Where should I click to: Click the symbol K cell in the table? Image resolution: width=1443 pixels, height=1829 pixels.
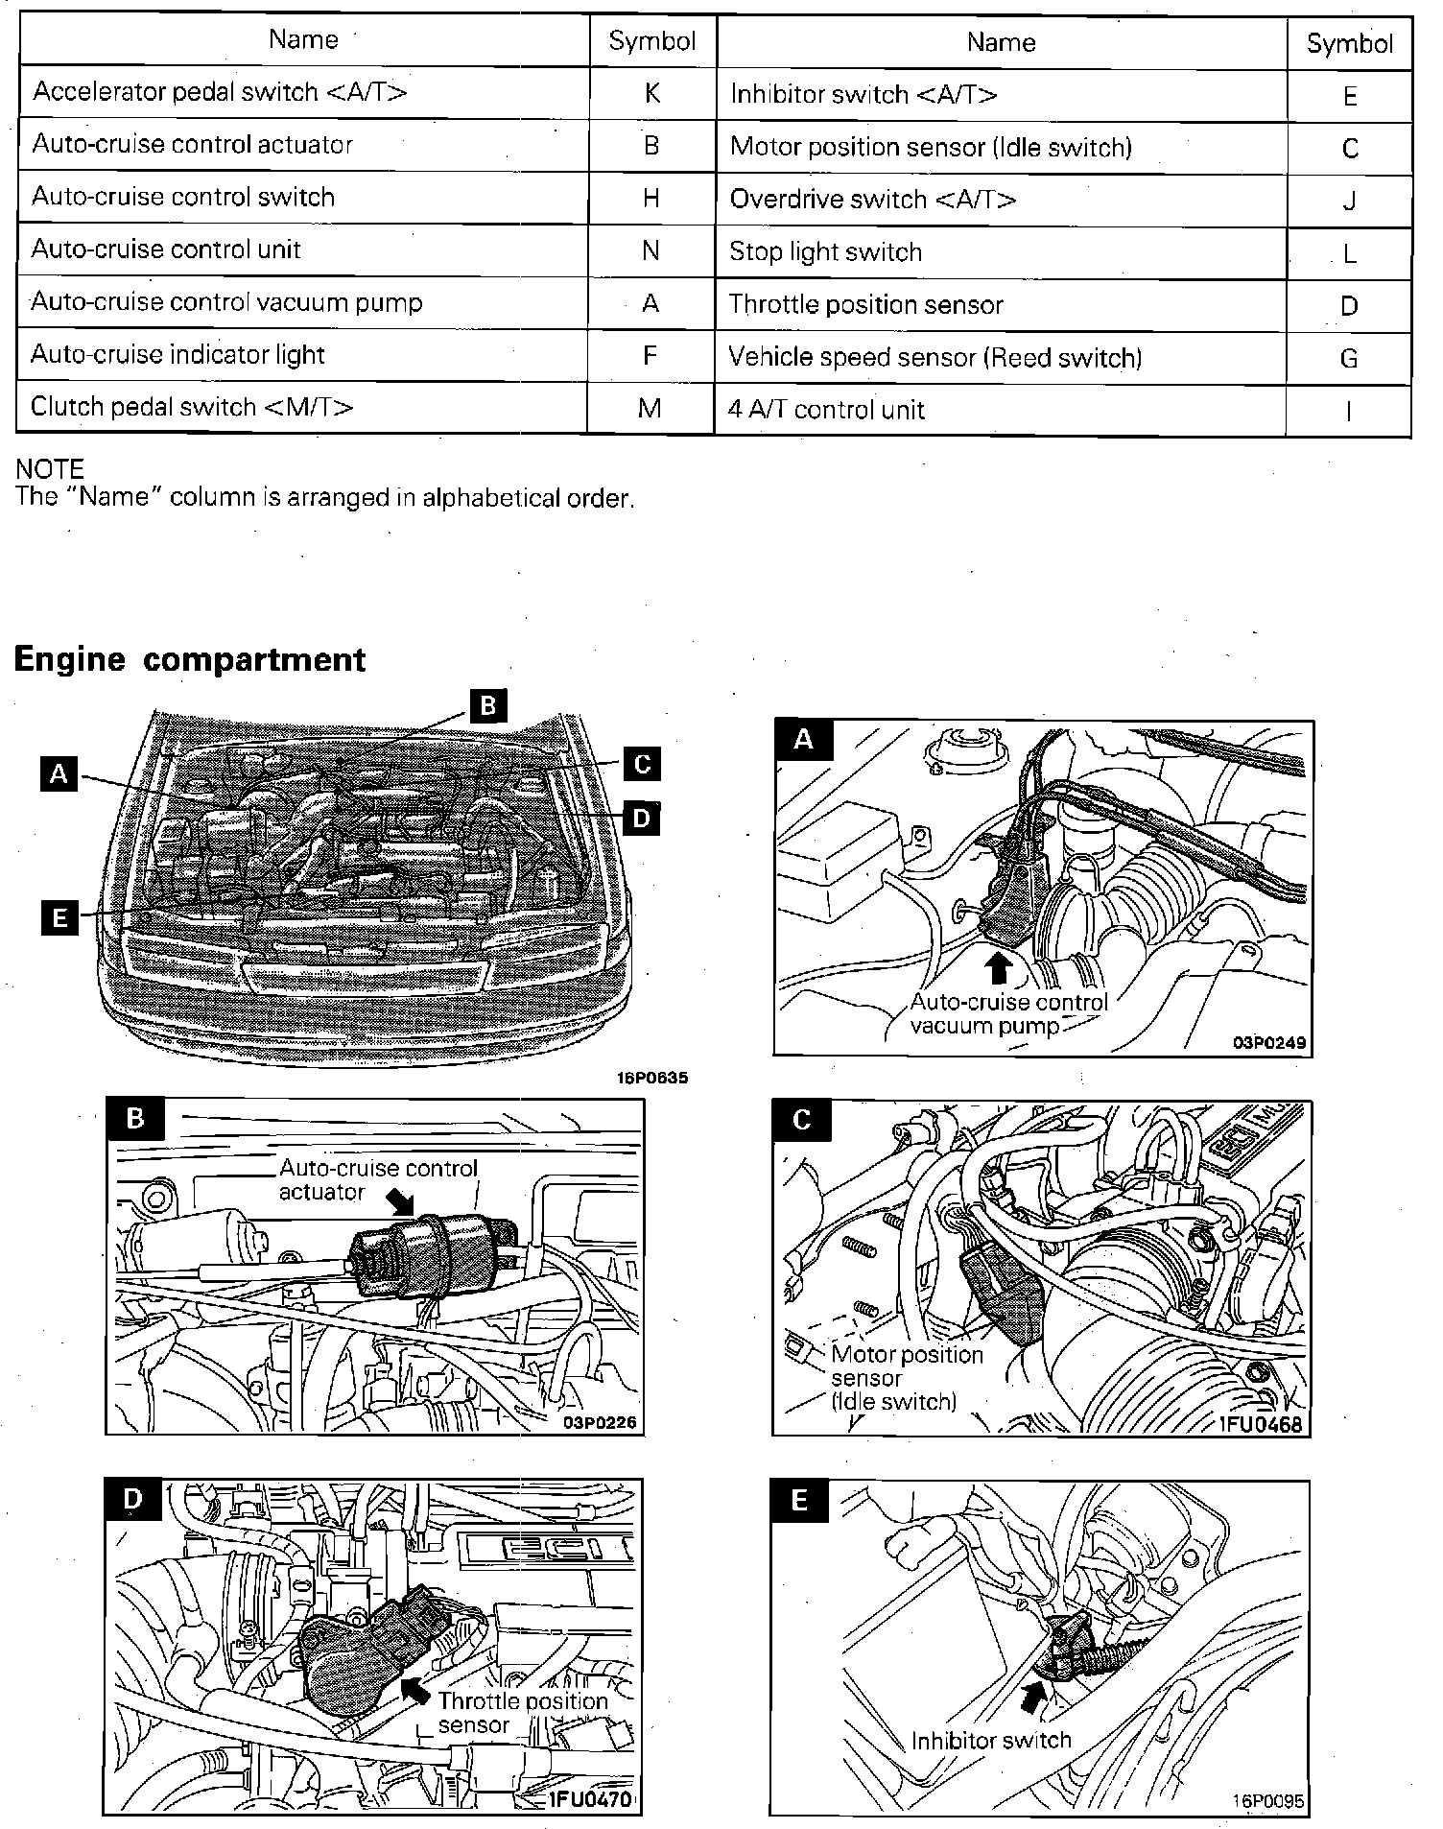651,93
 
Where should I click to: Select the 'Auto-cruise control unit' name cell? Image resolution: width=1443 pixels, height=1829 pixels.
166,249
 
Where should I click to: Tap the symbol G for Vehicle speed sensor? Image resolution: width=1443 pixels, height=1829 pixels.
1348,359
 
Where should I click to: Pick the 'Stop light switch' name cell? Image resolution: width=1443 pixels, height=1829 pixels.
825,252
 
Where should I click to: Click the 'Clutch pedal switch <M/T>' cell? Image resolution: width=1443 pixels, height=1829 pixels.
192,407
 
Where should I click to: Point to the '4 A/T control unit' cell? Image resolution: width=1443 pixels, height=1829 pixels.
826,411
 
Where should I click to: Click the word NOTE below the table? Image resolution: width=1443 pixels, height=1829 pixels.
50,469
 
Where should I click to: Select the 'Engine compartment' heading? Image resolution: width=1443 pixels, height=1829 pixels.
189,659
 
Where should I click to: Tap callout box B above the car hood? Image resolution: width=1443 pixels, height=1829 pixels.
487,706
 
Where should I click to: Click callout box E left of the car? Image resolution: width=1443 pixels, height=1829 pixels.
59,918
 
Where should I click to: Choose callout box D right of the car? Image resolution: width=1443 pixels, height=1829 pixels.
642,819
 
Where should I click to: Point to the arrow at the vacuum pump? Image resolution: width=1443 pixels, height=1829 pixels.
998,966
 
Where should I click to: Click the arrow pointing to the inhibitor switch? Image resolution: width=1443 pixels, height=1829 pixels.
1030,1698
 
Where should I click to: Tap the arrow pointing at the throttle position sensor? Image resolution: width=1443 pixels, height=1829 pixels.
415,1689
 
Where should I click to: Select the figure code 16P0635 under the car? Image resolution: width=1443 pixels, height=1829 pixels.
652,1078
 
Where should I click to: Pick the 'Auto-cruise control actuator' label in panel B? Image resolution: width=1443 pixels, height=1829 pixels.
377,1179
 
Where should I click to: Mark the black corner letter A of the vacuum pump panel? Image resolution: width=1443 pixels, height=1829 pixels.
803,739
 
